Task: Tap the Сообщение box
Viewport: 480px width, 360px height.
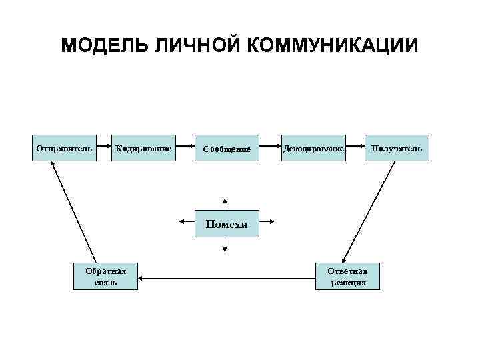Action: [227, 149]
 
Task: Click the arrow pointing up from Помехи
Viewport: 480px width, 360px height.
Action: [226, 203]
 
